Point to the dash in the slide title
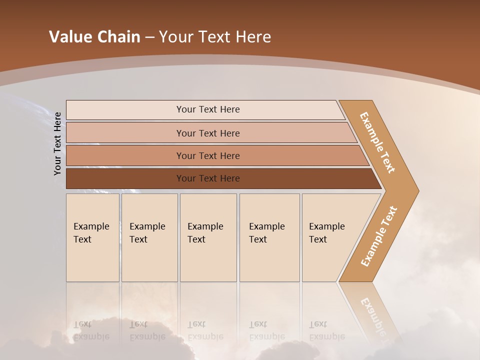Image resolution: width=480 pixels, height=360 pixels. click(x=149, y=37)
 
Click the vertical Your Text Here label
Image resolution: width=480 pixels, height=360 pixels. click(x=57, y=143)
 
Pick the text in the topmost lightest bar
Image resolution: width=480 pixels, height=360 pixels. click(x=208, y=109)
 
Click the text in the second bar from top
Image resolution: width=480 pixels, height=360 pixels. click(x=208, y=133)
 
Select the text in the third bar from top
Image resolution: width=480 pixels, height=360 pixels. click(x=208, y=156)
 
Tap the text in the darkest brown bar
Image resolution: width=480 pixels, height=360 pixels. click(x=208, y=178)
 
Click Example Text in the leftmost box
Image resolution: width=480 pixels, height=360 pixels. click(x=91, y=233)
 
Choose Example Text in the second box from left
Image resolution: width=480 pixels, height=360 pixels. click(x=147, y=233)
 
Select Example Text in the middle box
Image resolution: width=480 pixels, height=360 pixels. click(x=205, y=233)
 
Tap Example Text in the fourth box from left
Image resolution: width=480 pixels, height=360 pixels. click(x=266, y=233)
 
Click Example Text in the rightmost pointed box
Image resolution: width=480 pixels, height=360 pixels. click(x=326, y=233)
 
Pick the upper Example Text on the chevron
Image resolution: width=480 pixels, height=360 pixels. click(x=377, y=142)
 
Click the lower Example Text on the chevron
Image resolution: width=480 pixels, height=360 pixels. click(x=379, y=236)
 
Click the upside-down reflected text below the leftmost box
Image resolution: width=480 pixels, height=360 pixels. click(x=91, y=330)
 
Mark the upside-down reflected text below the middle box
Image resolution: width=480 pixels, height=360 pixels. click(x=205, y=330)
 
